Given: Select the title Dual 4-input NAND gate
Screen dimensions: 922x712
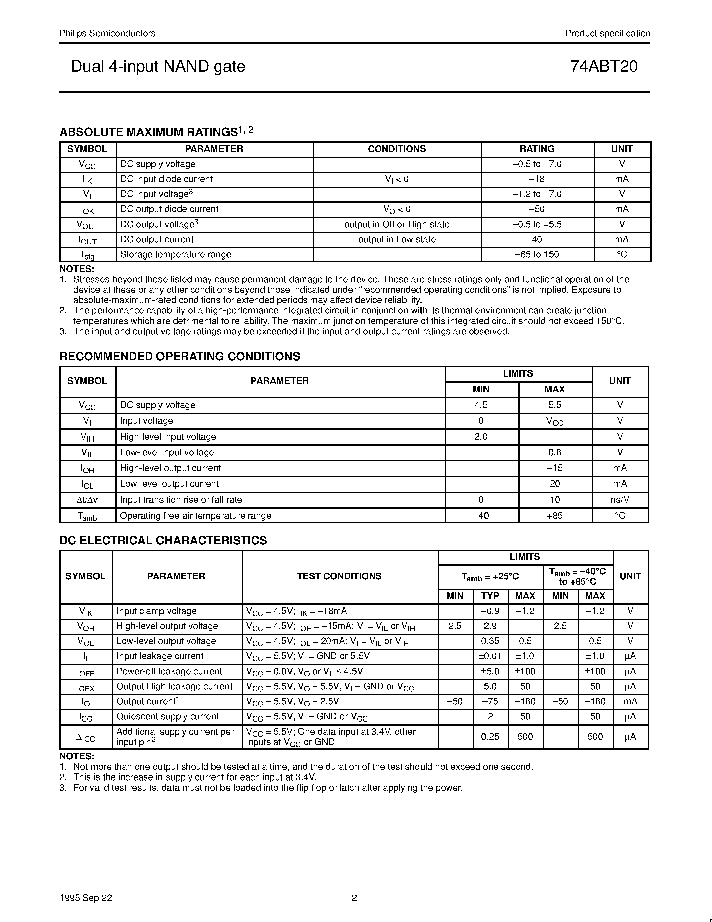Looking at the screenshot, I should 158,67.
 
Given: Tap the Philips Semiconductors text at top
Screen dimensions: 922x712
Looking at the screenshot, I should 107,33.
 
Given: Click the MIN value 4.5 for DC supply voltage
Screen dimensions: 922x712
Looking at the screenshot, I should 481,405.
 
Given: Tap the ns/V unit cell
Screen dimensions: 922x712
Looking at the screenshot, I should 620,500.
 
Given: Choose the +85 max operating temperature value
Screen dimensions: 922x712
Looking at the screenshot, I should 554,515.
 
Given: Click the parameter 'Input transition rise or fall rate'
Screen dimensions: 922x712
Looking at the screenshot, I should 181,500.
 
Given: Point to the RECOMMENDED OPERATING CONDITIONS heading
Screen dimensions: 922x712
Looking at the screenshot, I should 180,356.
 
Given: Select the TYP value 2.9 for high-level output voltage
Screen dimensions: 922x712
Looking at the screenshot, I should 490,626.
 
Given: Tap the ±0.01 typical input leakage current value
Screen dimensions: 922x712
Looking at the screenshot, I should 490,656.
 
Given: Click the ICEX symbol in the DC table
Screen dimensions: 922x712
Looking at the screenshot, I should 86,687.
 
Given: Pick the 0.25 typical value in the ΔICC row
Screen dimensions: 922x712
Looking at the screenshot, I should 490,736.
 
